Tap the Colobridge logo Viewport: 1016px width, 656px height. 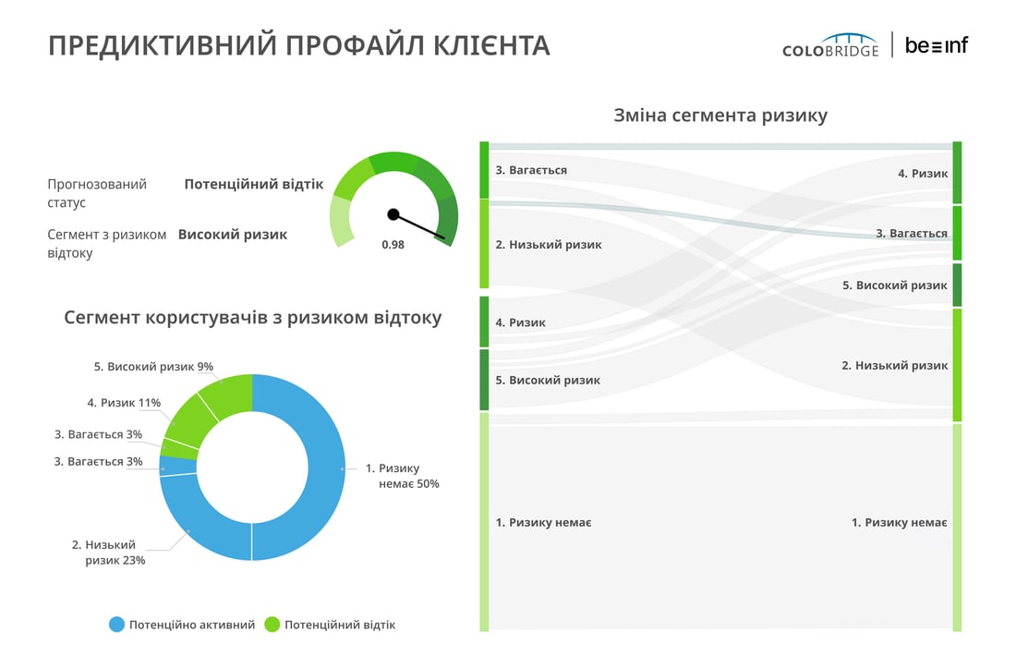[830, 45]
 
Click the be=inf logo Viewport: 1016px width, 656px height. [937, 45]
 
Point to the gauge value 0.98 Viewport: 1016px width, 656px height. [393, 244]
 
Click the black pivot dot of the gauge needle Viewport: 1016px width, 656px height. [393, 214]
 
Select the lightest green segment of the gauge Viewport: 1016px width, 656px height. [342, 222]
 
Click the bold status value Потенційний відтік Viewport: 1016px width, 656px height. [253, 184]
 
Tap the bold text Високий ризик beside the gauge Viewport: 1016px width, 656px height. [233, 235]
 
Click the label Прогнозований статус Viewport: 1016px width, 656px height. [97, 193]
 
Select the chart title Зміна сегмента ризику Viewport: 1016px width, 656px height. [720, 115]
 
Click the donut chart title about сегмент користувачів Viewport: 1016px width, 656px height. [253, 318]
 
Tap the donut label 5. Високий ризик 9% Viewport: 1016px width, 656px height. [153, 366]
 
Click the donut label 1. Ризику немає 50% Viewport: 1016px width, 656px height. [402, 476]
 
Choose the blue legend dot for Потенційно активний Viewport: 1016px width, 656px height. [116, 625]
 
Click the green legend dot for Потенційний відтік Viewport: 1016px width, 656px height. [272, 625]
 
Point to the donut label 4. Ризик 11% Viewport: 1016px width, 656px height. [124, 403]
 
